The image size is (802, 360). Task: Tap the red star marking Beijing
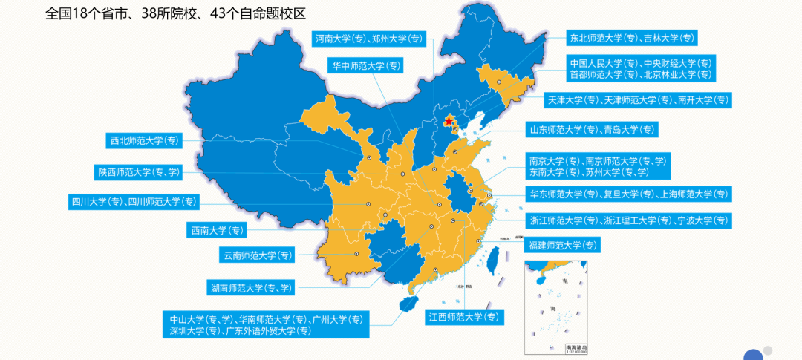(449, 120)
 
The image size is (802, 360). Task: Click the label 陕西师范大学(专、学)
(138, 172)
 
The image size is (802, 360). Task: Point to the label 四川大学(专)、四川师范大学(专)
(134, 201)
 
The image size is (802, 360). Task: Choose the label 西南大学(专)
(215, 230)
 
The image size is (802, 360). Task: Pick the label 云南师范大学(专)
(258, 255)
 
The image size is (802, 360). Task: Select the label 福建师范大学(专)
(562, 245)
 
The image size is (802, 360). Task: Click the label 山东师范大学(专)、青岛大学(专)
(592, 129)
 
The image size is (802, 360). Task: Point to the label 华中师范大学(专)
(365, 65)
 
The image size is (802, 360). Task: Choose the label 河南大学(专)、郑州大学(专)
(368, 39)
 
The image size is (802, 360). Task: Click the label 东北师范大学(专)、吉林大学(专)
(631, 38)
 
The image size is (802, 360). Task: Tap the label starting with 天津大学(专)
(638, 99)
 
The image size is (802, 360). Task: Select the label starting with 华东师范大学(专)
(628, 194)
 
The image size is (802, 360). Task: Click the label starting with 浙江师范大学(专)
(628, 220)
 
